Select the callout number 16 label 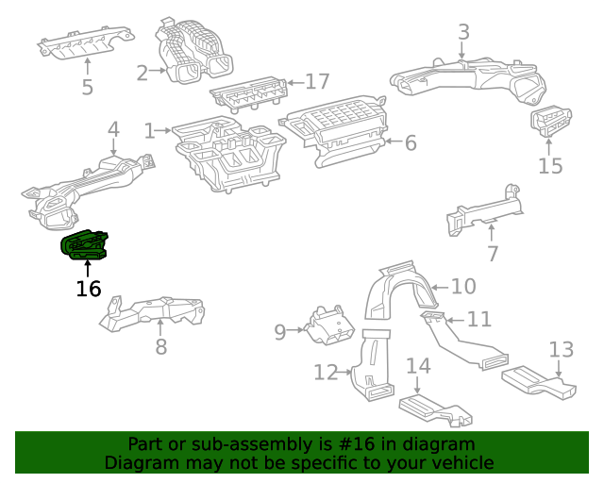click(88, 288)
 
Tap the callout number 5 click(87, 87)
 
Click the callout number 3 click(463, 32)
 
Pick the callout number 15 click(550, 166)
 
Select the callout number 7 click(492, 253)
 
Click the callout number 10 click(463, 286)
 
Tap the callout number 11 click(479, 319)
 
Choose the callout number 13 click(561, 349)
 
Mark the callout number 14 click(418, 365)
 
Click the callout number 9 click(279, 331)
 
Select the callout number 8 click(160, 346)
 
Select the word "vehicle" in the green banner click(458, 462)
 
